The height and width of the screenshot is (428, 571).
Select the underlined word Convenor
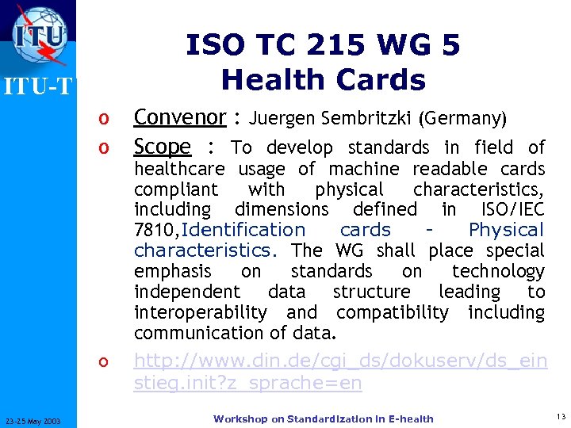[x=179, y=117]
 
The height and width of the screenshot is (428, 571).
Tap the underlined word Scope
[x=162, y=147]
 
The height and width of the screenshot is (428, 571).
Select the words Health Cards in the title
[x=323, y=79]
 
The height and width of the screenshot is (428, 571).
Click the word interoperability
[x=201, y=312]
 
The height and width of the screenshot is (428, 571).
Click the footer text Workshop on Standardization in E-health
[x=323, y=418]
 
